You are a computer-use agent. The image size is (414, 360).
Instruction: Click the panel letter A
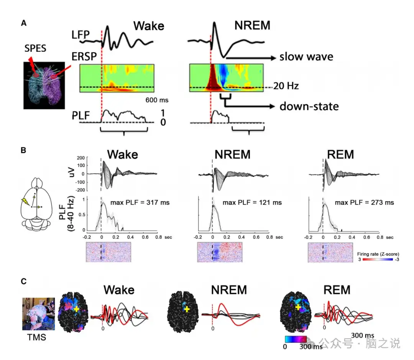(24, 23)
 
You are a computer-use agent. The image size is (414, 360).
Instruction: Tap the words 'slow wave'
(306, 57)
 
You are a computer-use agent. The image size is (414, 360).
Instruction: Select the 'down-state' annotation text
(309, 106)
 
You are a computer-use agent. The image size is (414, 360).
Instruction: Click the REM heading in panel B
(340, 154)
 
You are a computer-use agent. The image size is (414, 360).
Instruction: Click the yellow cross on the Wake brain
(77, 309)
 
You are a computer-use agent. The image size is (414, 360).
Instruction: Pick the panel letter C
(24, 281)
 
